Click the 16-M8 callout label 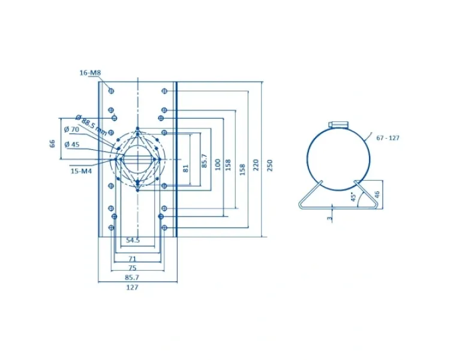90,73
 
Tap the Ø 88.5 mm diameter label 91,125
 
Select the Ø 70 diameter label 72,130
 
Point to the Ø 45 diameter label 72,144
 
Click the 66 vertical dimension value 52,143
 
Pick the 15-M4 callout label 81,171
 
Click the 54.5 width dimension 133,240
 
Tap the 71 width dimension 132,259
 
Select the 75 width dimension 133,268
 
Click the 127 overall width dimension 133,287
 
